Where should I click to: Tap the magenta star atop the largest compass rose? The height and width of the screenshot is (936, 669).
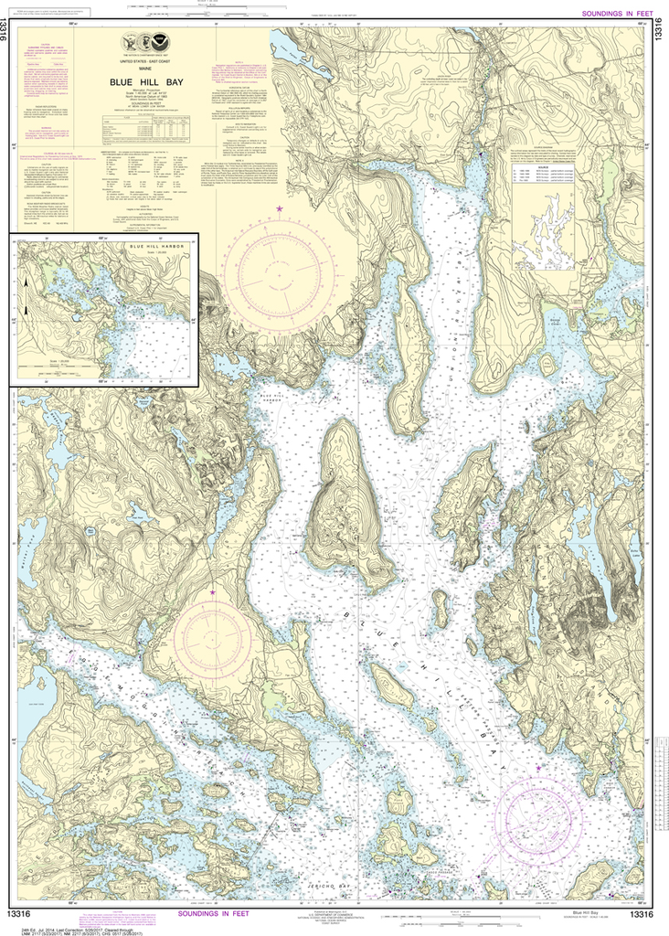[x=279, y=210]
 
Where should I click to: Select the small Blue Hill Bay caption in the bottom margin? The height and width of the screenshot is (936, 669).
[x=583, y=913]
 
